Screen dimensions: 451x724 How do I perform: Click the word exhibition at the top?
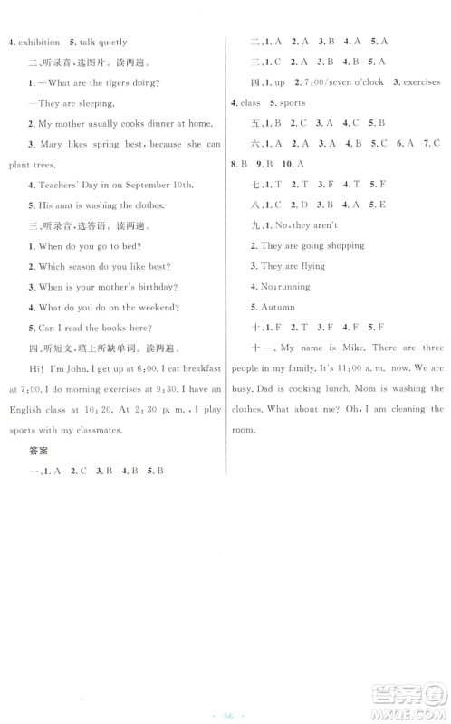37,42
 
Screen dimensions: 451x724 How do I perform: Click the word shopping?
344,245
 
